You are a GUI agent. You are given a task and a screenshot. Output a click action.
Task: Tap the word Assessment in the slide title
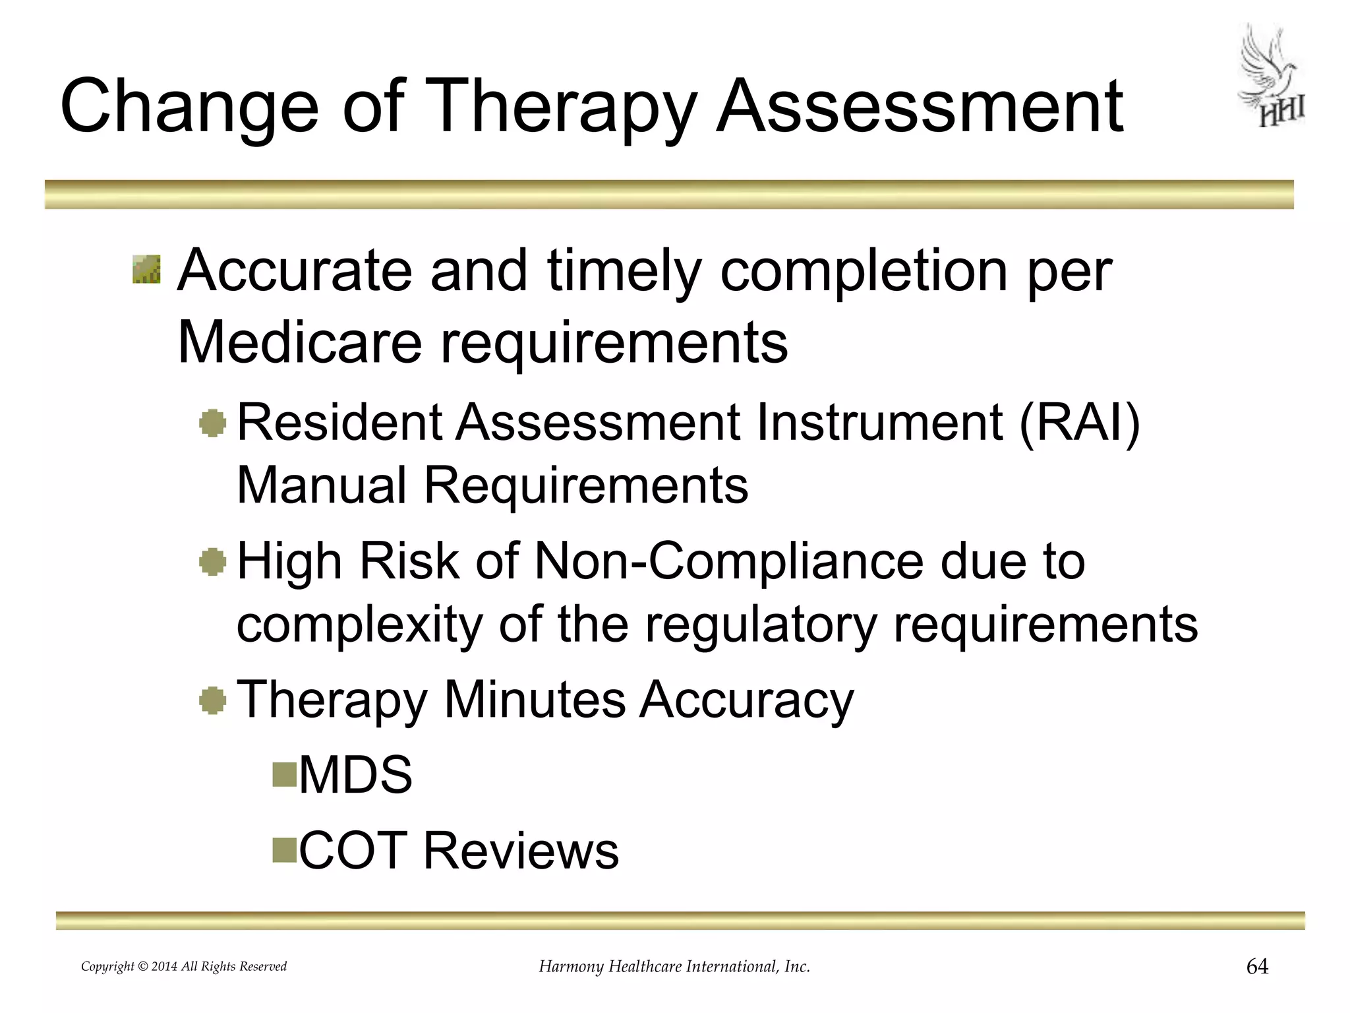pyautogui.click(x=920, y=107)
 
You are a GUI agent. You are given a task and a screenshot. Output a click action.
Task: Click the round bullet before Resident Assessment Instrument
pyautogui.click(x=212, y=423)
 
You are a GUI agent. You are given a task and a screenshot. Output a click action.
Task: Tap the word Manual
pyautogui.click(x=321, y=485)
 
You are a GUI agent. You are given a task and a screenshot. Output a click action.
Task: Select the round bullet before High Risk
pyautogui.click(x=212, y=562)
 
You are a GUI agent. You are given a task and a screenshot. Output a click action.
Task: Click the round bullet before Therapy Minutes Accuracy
pyautogui.click(x=212, y=700)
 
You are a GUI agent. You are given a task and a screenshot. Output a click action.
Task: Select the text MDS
pyautogui.click(x=355, y=774)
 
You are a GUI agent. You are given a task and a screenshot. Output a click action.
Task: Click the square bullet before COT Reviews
pyautogui.click(x=285, y=850)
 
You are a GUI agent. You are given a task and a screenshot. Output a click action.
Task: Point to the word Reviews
pyautogui.click(x=521, y=851)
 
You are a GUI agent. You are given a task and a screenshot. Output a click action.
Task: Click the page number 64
pyautogui.click(x=1257, y=967)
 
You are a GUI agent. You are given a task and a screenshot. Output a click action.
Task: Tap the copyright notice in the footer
pyautogui.click(x=184, y=967)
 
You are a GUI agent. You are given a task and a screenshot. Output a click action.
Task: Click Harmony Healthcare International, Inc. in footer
pyautogui.click(x=674, y=967)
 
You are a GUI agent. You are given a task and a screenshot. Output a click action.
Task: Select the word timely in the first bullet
pyautogui.click(x=622, y=272)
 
